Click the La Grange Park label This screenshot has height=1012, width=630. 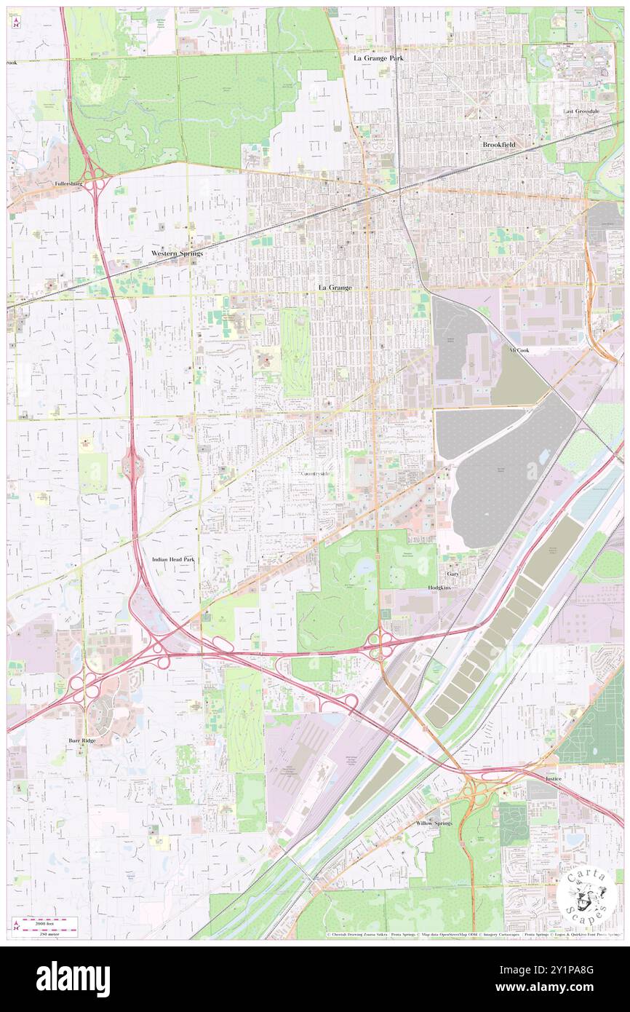[x=378, y=57]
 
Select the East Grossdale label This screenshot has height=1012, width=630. [x=581, y=111]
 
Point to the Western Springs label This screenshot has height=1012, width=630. [x=177, y=253]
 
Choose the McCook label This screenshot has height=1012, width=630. [x=519, y=349]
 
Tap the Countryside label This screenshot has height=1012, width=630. [x=315, y=474]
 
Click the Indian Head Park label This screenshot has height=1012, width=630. [x=172, y=559]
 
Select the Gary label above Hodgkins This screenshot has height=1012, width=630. [x=452, y=574]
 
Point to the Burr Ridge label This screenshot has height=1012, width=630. [x=82, y=740]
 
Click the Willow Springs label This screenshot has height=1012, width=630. [x=434, y=823]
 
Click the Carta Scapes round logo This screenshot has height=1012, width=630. [x=588, y=897]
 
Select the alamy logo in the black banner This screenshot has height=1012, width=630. [x=73, y=979]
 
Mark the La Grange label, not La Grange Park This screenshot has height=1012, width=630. [x=335, y=288]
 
